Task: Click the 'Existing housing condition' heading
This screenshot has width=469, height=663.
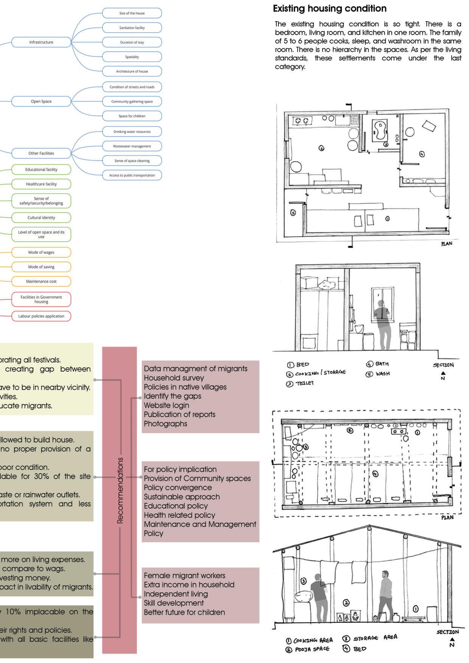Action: pos(329,9)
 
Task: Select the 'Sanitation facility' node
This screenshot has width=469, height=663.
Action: pos(132,28)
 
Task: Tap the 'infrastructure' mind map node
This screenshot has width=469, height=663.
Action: pos(41,42)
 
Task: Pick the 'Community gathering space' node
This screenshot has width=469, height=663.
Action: pos(132,101)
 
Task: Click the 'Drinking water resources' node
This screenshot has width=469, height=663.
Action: pos(132,132)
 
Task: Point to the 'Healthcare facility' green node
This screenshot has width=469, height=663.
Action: pos(41,184)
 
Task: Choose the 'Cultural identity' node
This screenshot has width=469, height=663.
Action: pos(41,217)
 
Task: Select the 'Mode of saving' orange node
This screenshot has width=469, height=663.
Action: pos(41,267)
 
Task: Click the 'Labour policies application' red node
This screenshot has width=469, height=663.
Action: pos(41,316)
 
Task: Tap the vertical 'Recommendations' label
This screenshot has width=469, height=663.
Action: pos(120,490)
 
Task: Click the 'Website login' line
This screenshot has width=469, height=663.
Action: pos(166,405)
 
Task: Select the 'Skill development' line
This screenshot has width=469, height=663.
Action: pos(174,603)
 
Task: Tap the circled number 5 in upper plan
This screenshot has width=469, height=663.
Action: pos(293,213)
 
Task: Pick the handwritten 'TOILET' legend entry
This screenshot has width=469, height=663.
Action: pos(301,383)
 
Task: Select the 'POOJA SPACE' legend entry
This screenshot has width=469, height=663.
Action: pos(308,649)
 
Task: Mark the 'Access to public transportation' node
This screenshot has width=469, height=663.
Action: pos(132,175)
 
